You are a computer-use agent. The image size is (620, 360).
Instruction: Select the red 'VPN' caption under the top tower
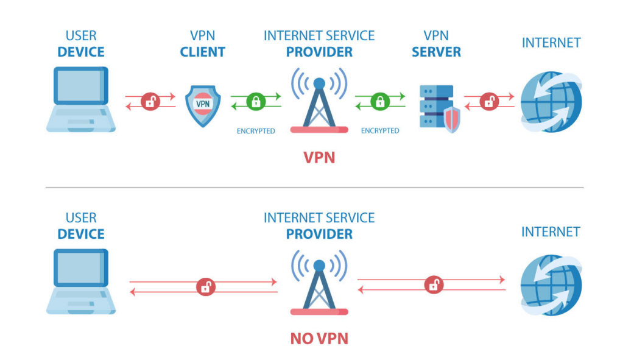319,158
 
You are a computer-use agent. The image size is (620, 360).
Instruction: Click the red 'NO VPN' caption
319,338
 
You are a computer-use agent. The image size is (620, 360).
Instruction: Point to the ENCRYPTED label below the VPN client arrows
256,131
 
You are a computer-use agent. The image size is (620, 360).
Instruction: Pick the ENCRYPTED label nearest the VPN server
380,131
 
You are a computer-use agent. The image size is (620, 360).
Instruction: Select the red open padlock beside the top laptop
150,102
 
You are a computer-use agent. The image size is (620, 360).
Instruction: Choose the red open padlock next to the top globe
489,102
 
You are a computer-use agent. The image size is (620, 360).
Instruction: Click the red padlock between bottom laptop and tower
205,287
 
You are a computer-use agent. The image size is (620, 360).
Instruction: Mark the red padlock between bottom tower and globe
434,284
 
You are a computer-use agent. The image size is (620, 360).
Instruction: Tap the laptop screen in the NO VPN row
81,267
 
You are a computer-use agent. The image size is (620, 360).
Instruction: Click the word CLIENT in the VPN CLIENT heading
203,52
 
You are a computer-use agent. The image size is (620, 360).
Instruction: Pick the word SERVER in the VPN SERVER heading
436,52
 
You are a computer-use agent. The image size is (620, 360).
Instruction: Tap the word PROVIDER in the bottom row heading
319,234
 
